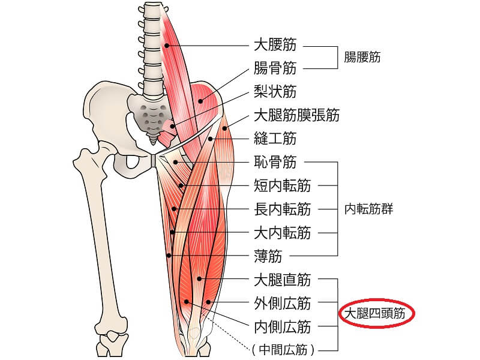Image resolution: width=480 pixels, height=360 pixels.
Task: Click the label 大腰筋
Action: click(x=275, y=44)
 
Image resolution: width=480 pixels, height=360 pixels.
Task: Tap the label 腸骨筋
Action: click(x=275, y=68)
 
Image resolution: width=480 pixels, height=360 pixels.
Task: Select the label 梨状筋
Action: click(x=275, y=92)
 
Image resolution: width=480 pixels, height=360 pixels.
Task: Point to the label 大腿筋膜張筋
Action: click(x=296, y=115)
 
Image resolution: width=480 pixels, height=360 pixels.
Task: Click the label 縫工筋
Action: click(x=275, y=139)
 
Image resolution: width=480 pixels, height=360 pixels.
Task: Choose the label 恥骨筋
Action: click(x=275, y=162)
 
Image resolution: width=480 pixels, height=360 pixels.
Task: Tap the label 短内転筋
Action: click(x=282, y=185)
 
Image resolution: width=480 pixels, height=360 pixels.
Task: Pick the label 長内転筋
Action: click(x=282, y=209)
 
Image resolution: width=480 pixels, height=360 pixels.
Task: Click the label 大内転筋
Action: click(x=282, y=233)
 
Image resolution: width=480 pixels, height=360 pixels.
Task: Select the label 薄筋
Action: click(x=268, y=256)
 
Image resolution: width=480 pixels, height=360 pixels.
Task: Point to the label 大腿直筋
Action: click(x=282, y=280)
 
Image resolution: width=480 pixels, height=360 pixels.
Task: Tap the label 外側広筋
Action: click(x=282, y=303)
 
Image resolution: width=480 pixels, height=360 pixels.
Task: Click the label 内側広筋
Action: click(x=282, y=326)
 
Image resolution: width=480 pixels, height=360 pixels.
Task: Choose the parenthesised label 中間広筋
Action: click(x=283, y=349)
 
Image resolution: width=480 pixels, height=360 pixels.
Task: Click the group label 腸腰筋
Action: click(x=362, y=57)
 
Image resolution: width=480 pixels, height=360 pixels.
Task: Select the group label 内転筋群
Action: click(x=368, y=209)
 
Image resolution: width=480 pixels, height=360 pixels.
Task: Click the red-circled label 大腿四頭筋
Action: click(x=374, y=313)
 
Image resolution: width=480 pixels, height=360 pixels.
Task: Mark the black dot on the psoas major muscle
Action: click(x=167, y=46)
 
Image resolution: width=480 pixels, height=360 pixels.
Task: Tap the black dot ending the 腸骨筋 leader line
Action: click(x=200, y=101)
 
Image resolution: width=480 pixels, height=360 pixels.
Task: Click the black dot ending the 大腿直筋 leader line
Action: click(x=199, y=279)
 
